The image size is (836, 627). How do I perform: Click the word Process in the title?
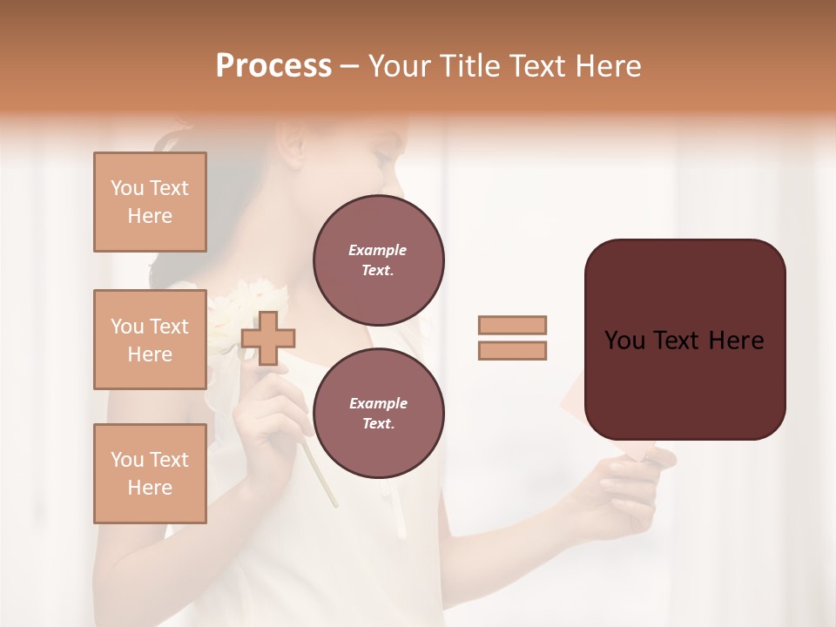point(273,66)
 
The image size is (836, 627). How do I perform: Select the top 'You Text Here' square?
point(150,202)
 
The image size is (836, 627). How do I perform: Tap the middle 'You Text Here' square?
point(150,340)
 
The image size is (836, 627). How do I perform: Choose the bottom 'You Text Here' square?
point(150,474)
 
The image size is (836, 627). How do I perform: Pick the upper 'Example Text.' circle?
point(378,260)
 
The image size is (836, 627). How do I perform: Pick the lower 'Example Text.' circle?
point(378,413)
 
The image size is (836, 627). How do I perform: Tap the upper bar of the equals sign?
point(512,325)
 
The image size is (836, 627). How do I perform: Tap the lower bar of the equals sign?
point(512,351)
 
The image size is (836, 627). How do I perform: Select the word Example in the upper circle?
point(378,250)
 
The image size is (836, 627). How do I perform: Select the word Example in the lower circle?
point(378,403)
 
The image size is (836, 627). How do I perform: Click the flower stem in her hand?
point(320,475)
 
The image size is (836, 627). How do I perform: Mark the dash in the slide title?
point(350,66)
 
